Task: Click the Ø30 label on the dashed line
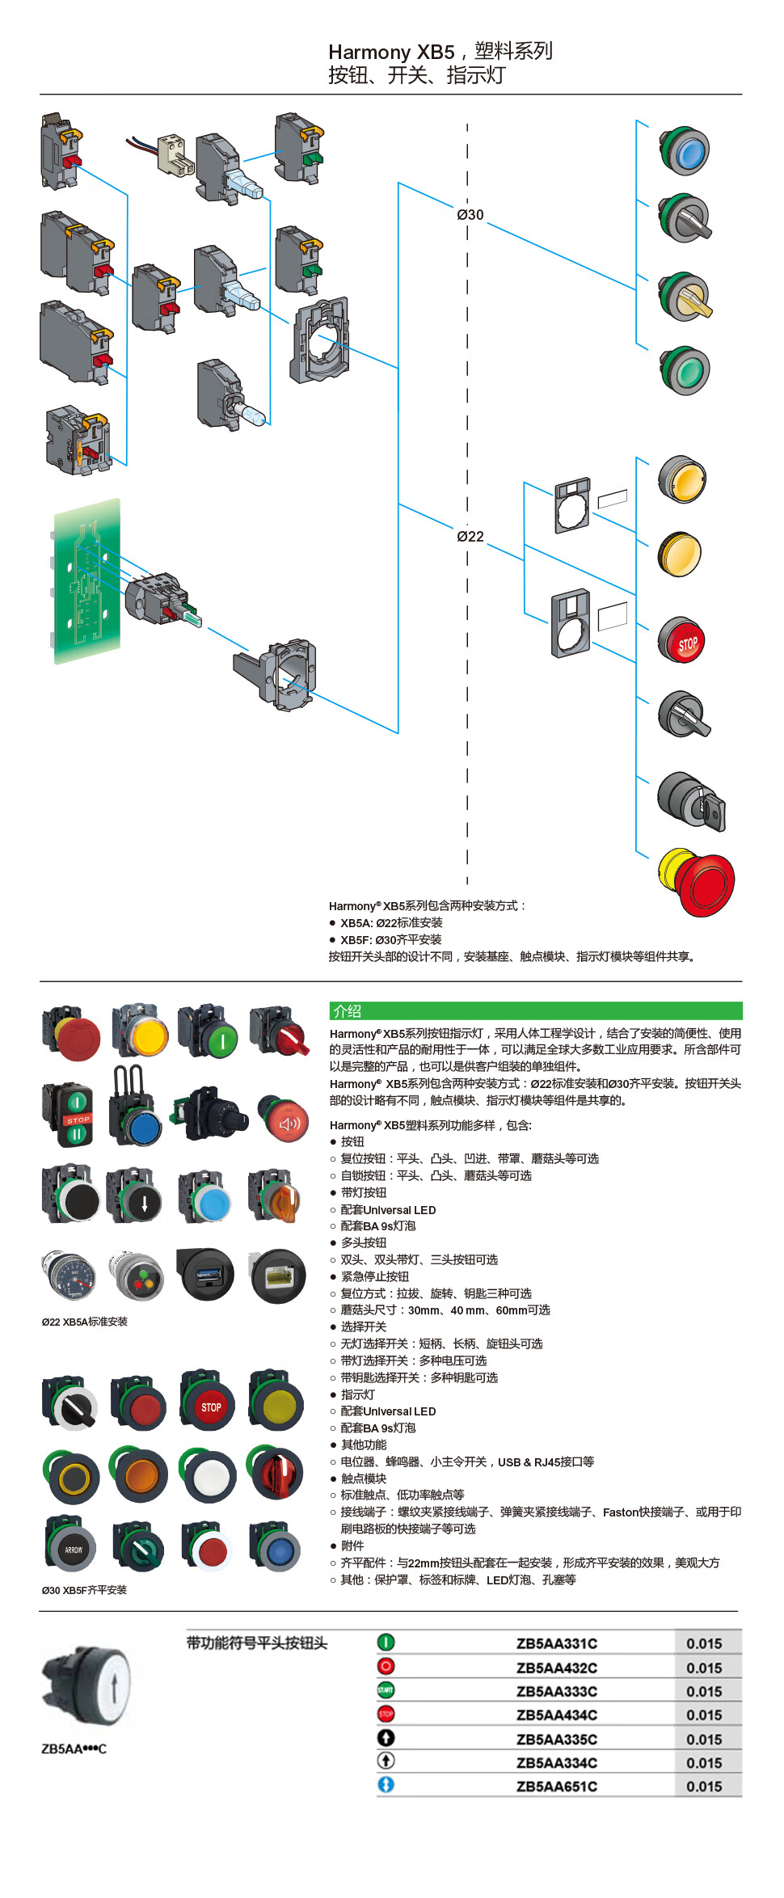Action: pos(470,215)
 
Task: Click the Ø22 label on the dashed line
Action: pos(470,537)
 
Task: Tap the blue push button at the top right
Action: pos(685,151)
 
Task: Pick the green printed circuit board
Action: pos(87,580)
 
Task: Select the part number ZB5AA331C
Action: pos(556,1643)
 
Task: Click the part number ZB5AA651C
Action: pos(556,1786)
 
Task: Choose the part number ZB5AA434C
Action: pos(556,1715)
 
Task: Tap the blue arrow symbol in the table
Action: pos(386,1785)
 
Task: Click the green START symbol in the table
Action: pos(386,1690)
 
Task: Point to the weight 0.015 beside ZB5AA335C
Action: pos(704,1740)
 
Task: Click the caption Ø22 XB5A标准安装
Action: pos(85,1322)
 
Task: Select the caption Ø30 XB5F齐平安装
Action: pos(84,1590)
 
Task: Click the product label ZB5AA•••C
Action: pos(74,1749)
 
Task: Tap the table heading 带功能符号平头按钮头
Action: pos(257,1643)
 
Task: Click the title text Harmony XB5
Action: pos(391,52)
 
